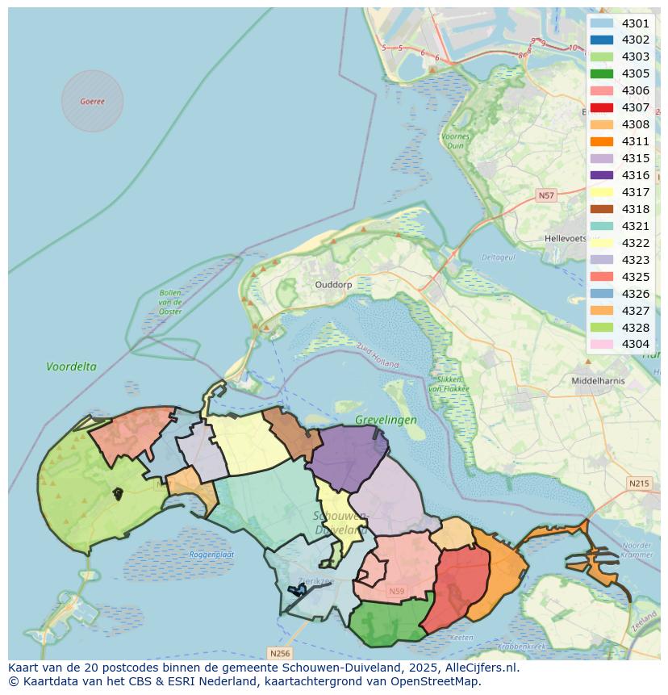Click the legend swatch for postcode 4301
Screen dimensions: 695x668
tap(601, 23)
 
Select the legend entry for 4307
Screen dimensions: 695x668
tap(601, 107)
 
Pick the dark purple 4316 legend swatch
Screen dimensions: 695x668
tap(601, 175)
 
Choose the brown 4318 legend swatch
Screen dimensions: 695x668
tap(601, 209)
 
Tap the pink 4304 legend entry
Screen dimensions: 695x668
tap(601, 345)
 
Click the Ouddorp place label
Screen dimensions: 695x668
tap(333, 285)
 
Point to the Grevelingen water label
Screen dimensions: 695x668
tap(386, 420)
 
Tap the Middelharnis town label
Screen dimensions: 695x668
tap(598, 380)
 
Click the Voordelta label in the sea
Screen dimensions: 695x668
tap(71, 366)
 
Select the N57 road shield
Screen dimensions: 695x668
tap(547, 195)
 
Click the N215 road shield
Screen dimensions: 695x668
tap(638, 483)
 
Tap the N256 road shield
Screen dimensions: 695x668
tap(279, 652)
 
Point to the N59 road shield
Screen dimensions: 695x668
tap(396, 592)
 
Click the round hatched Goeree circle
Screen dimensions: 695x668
tap(93, 101)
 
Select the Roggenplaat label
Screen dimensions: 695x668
tap(211, 555)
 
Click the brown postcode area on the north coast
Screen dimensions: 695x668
tap(290, 433)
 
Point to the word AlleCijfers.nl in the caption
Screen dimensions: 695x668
tap(482, 668)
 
